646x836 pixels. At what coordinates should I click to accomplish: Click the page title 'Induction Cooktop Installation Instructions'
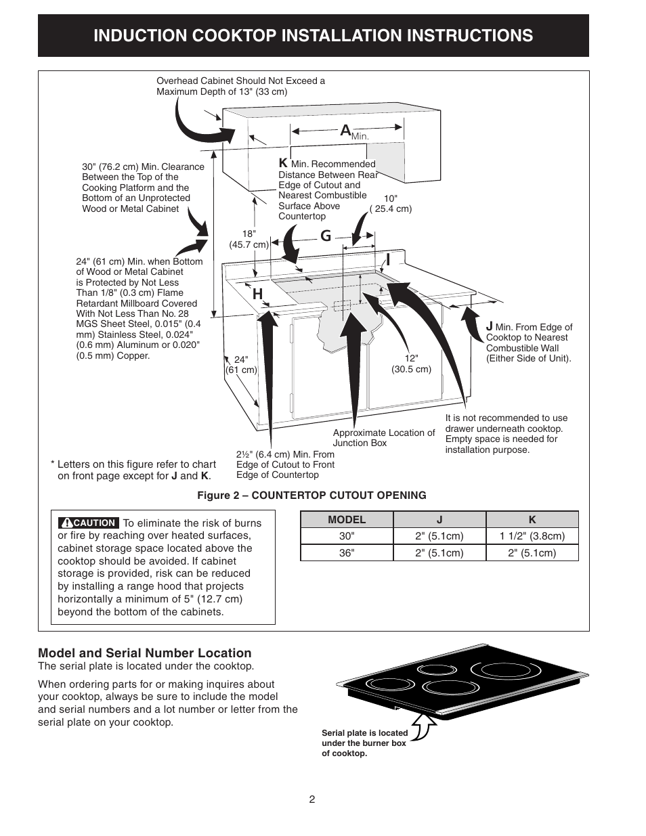tap(313, 36)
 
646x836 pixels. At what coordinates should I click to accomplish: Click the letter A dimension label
tap(345, 131)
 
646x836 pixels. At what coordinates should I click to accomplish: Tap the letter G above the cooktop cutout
tap(326, 236)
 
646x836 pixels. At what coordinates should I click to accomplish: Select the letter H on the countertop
tap(257, 294)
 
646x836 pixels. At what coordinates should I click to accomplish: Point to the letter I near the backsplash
tap(388, 260)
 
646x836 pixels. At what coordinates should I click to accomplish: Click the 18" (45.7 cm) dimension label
tap(249, 239)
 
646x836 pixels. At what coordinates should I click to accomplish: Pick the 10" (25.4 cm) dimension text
tap(391, 204)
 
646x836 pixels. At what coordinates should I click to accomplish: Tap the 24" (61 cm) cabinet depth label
tap(241, 365)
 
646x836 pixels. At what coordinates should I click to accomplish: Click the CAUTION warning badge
tap(89, 523)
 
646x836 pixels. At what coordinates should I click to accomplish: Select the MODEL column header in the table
tap(347, 520)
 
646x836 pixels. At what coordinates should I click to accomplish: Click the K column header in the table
tap(532, 520)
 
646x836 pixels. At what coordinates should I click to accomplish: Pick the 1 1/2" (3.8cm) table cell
tap(532, 536)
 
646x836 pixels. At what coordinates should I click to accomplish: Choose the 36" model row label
tap(347, 552)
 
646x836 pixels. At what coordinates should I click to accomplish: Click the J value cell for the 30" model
tap(439, 536)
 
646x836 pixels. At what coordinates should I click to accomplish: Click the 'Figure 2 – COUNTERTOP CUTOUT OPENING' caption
tap(311, 496)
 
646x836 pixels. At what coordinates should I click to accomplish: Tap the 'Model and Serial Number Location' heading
tap(144, 653)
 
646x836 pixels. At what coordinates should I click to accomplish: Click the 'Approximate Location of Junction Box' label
tap(383, 438)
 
